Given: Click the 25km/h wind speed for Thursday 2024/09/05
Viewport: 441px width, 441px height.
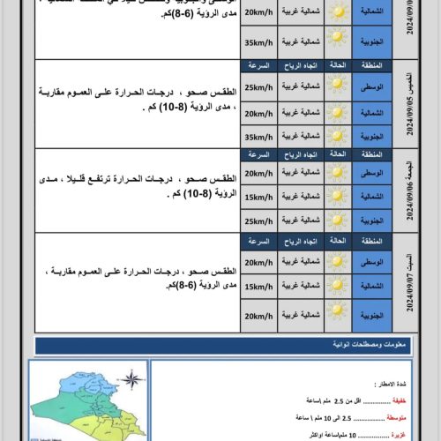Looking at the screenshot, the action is pos(258,87).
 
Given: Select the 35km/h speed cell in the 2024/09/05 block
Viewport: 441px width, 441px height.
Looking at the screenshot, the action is pos(258,137).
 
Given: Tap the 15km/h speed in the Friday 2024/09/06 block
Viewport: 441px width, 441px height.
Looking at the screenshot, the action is pos(258,196).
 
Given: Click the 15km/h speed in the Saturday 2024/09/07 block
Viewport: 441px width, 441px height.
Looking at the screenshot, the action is pos(258,286).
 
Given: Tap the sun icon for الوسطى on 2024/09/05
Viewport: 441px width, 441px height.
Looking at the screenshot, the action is pos(336,87).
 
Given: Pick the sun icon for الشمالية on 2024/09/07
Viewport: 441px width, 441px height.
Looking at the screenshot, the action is pos(336,286).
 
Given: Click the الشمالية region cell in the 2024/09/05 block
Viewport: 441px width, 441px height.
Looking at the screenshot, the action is pos(372,112).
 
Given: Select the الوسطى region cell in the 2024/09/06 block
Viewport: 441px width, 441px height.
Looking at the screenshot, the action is pos(372,173).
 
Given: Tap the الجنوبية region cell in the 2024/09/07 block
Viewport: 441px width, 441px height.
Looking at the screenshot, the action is pos(372,313).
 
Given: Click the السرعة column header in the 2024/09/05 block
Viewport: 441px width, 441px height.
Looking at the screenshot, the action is pos(258,65).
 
